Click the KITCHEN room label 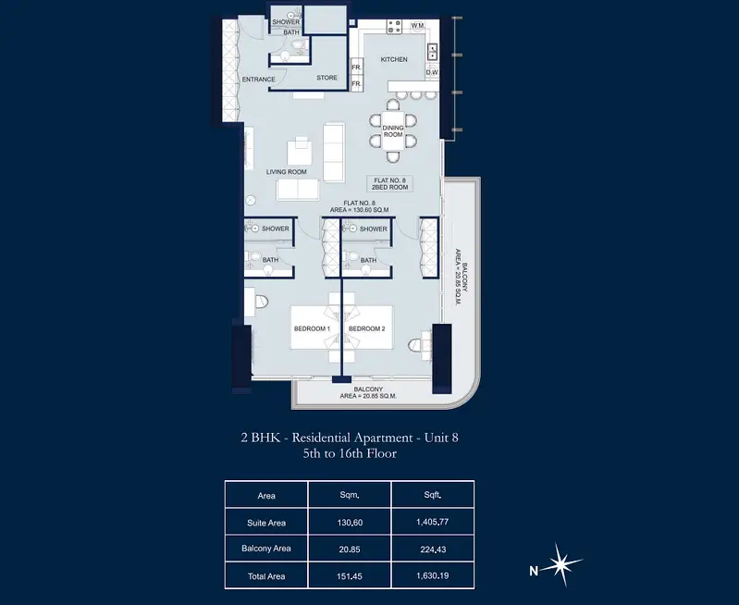[394, 59]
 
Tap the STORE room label [326, 78]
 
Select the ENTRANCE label [258, 80]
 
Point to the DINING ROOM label [393, 131]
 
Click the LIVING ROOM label [286, 172]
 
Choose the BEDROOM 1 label [312, 328]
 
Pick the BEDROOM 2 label [366, 328]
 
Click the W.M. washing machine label [417, 26]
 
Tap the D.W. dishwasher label [432, 73]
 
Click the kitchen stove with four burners [394, 27]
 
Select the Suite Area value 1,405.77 [432, 522]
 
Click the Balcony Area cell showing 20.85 [350, 549]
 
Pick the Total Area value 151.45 [350, 576]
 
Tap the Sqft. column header [432, 495]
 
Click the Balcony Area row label [265, 549]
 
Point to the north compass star [560, 564]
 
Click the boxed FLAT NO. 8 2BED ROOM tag [389, 184]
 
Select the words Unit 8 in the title [441, 438]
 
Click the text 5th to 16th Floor [350, 453]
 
